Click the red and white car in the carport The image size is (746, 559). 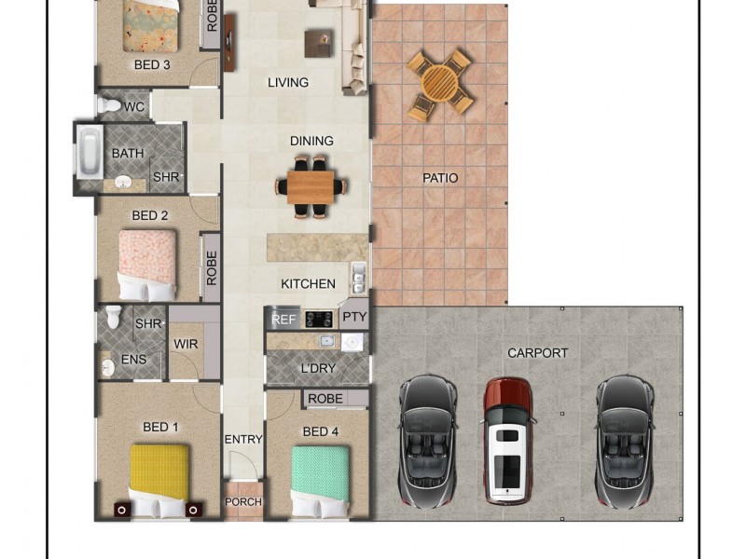(x=507, y=441)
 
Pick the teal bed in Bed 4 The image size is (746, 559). (x=320, y=481)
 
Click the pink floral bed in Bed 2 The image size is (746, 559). (x=147, y=266)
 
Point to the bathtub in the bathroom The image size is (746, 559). (x=90, y=152)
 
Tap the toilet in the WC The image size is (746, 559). (x=109, y=104)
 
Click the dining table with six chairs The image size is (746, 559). (x=311, y=187)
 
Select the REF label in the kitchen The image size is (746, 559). (x=283, y=320)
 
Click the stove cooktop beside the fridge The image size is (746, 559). (x=318, y=320)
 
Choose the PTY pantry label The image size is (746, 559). (x=354, y=317)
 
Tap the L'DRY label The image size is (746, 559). (x=318, y=368)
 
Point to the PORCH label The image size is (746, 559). (x=243, y=502)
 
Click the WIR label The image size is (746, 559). (x=186, y=344)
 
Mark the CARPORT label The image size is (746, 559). (x=538, y=353)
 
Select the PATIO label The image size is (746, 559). (x=440, y=178)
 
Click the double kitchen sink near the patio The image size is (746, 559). (x=359, y=278)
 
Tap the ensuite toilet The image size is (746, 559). (x=113, y=317)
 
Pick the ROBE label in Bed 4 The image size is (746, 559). (x=325, y=399)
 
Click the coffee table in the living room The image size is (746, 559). (x=318, y=43)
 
